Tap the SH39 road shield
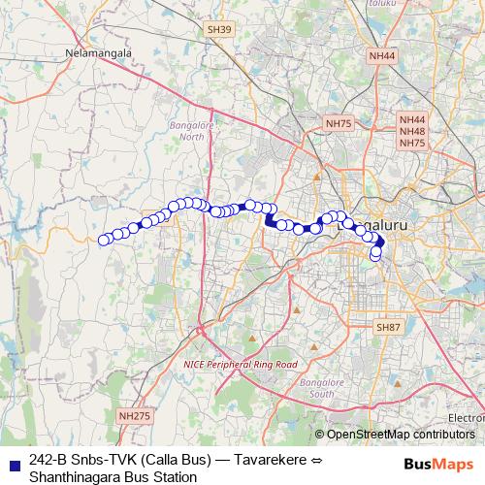(219, 31)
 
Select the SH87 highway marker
(389, 327)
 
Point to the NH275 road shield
(135, 415)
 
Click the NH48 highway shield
(412, 131)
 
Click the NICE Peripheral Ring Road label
(240, 364)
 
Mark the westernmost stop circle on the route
(104, 240)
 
